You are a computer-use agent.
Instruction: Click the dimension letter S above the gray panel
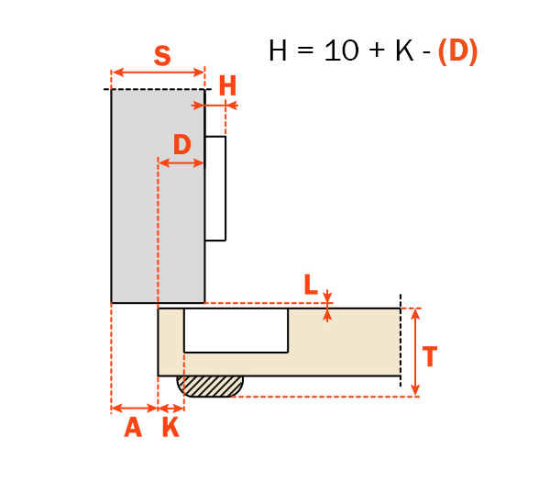point(162,56)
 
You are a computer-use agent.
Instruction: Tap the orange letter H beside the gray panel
point(227,85)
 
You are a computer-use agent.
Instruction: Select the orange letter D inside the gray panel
point(182,145)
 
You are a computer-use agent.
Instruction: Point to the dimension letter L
point(311,285)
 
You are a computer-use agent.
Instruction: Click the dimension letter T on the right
point(429,356)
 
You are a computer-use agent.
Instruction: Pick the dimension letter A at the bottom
point(133,427)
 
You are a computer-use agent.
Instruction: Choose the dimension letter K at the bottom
point(170,427)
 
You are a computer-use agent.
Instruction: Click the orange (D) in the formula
point(458,51)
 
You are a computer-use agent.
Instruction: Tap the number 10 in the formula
point(341,50)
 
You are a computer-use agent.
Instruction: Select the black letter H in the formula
point(278,50)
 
